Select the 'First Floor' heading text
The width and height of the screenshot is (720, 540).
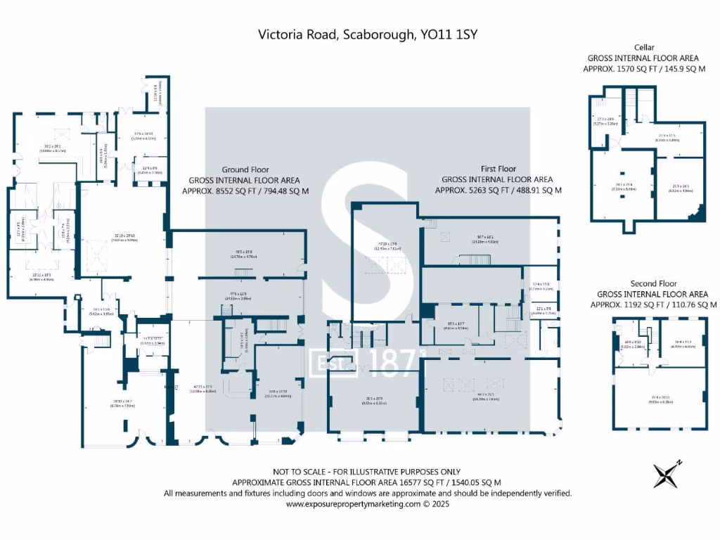coord(498,169)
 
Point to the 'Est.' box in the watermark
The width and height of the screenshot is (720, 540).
coord(328,364)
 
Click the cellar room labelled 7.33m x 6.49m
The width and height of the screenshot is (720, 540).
coord(622,186)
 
